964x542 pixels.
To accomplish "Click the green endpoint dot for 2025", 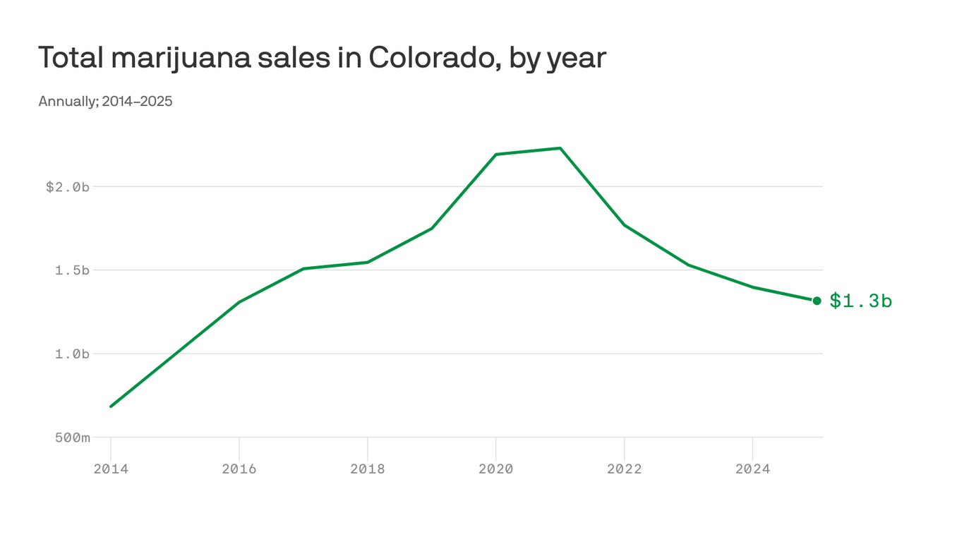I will (x=817, y=301).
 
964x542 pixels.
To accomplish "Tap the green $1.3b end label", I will (x=860, y=301).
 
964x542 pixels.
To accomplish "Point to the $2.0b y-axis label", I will (x=68, y=187).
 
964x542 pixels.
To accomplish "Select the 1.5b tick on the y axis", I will (x=72, y=270).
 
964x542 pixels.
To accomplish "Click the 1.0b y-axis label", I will (x=72, y=354).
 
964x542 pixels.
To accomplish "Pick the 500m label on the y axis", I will (x=72, y=438).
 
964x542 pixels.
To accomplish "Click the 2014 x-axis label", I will (x=111, y=469).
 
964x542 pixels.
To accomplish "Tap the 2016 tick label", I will (x=239, y=469).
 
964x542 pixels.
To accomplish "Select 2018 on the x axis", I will (x=368, y=469).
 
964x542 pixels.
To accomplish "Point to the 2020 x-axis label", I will (x=496, y=469).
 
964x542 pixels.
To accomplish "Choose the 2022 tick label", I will (x=625, y=469).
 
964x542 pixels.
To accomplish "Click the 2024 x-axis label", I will (x=752, y=469).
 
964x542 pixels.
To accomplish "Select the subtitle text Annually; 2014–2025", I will (x=105, y=102).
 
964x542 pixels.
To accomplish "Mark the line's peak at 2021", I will (x=560, y=148).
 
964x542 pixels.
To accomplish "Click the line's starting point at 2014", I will (x=112, y=406).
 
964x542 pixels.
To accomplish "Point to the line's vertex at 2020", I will (x=496, y=155).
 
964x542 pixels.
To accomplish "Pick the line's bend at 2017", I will (x=303, y=269).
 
